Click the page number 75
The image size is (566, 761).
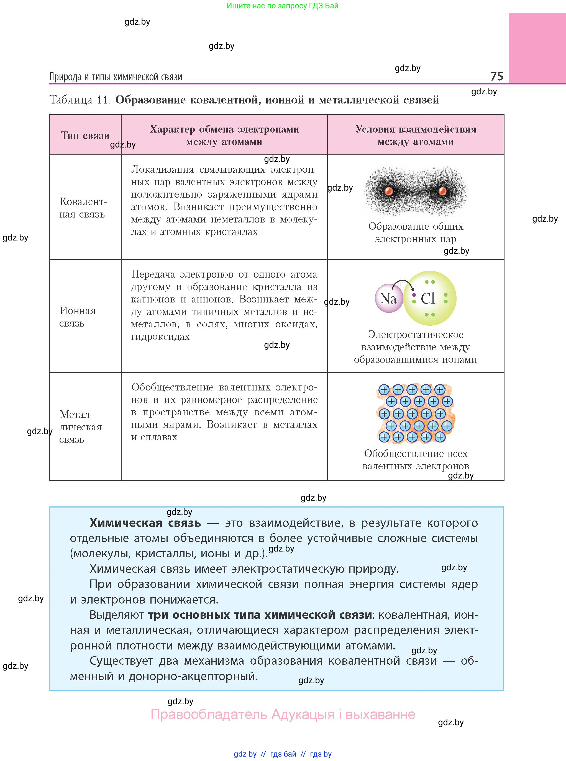[x=496, y=76]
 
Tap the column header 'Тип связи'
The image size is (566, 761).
[x=85, y=136]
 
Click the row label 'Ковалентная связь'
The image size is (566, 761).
[x=83, y=208]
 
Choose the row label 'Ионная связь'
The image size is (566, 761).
[x=77, y=317]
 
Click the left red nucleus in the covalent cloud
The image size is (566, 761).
[x=388, y=191]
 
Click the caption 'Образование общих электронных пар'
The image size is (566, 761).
[x=415, y=232]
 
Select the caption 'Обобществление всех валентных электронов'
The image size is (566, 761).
[x=415, y=460]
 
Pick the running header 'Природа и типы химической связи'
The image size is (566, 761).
[x=116, y=77]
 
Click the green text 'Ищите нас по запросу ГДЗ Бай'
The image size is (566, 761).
[x=282, y=6]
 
